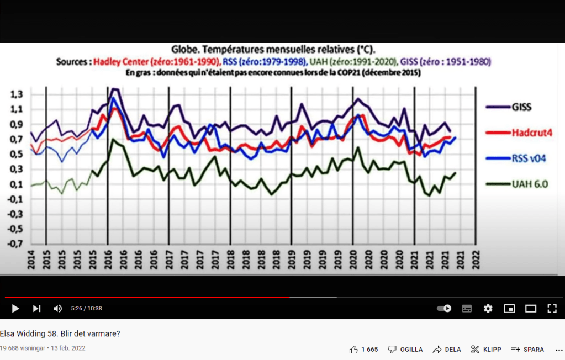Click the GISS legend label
[x=521, y=107]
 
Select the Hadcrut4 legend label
[x=531, y=133]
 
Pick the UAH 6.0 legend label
[x=529, y=184]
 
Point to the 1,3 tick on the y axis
[x=17, y=94]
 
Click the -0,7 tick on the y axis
[x=16, y=244]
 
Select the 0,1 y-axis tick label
[x=17, y=184]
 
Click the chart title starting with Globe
[x=273, y=49]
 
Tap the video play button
[x=15, y=309]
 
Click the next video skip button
[x=36, y=309]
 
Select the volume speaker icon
[x=57, y=309]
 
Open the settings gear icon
[x=488, y=309]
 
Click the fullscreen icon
[x=552, y=309]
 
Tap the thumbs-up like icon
[x=353, y=350]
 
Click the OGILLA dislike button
[x=405, y=350]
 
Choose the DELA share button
[x=447, y=350]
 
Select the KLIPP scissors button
[x=486, y=350]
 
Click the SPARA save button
[x=527, y=350]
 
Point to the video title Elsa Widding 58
[x=60, y=333]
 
